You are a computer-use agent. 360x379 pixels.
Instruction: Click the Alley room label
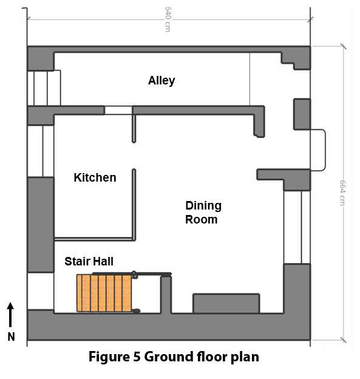coord(161,81)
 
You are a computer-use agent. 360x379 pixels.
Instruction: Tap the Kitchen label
coord(95,177)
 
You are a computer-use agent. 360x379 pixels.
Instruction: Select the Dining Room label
coord(203,213)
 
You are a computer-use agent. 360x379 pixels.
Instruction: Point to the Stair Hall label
coord(89,262)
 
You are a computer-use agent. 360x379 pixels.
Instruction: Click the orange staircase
coord(104,293)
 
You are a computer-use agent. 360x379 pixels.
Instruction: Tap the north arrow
coord(11,314)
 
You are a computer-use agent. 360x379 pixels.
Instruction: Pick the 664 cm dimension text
coord(342,192)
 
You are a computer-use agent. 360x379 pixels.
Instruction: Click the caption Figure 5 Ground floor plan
coord(174,357)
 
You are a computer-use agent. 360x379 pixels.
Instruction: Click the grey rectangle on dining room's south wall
coord(226,303)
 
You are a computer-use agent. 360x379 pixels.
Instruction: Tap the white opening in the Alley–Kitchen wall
coord(118,111)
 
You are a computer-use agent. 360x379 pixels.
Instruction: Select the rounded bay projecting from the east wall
coord(318,150)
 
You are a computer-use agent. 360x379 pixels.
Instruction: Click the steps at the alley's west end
coord(44,88)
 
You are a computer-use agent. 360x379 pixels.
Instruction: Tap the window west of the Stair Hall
coord(40,291)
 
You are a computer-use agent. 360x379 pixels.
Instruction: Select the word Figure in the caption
coord(109,357)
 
